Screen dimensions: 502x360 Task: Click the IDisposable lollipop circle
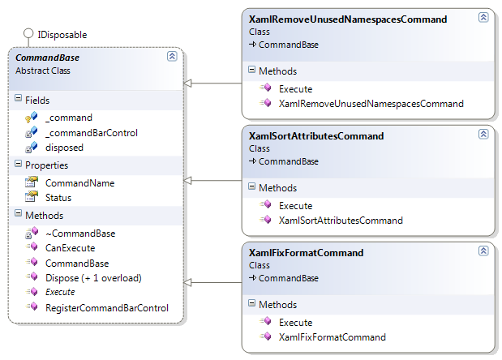[x=28, y=33]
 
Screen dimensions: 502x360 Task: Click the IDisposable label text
[x=62, y=35]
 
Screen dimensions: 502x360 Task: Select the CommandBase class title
[x=47, y=58]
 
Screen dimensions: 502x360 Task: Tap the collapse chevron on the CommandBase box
[x=172, y=56]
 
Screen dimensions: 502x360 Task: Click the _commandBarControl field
[x=92, y=133]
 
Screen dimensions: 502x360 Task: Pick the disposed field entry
[x=64, y=148]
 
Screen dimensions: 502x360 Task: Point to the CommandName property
[x=80, y=183]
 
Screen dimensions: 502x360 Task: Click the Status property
[x=58, y=198]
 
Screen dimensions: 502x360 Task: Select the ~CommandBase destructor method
[x=80, y=234]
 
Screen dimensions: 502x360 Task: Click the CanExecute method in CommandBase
[x=70, y=248]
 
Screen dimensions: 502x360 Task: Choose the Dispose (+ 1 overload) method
[x=93, y=278]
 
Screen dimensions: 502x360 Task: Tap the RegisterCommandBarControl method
[x=107, y=308]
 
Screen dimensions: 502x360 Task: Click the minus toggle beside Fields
[x=19, y=98]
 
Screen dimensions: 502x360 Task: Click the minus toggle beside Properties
[x=19, y=164]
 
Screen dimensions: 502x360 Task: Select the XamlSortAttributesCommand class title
[x=316, y=136]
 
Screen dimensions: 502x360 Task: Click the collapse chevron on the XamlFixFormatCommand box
[x=483, y=251]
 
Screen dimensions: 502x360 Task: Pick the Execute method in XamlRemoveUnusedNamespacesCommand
[x=295, y=89]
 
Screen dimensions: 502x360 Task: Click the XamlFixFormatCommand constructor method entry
[x=333, y=337]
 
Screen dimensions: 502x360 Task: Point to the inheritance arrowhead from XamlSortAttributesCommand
[x=187, y=181]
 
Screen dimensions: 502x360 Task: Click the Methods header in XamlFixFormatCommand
[x=278, y=305]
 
